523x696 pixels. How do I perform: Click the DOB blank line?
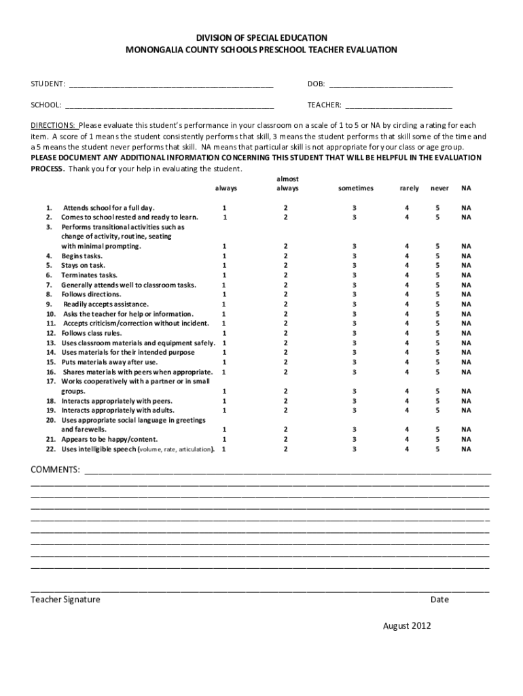pyautogui.click(x=390, y=86)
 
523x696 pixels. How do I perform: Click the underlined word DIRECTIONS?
pyautogui.click(x=53, y=126)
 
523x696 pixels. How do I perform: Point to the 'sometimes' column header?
pyautogui.click(x=355, y=188)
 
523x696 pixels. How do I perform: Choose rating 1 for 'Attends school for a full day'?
pyautogui.click(x=225, y=207)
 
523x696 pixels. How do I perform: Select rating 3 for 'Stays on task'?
pyautogui.click(x=354, y=265)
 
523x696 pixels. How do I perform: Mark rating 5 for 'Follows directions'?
pyautogui.click(x=438, y=294)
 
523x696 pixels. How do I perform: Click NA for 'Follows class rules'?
pyautogui.click(x=466, y=333)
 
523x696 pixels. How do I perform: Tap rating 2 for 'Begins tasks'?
pyautogui.click(x=286, y=256)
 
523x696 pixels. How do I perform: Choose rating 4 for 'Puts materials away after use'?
pyautogui.click(x=407, y=362)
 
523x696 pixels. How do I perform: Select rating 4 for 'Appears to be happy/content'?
pyautogui.click(x=407, y=439)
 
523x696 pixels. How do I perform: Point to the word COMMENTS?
pyautogui.click(x=55, y=470)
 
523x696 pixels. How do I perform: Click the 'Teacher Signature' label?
pyautogui.click(x=66, y=599)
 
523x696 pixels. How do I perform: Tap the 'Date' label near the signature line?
pyautogui.click(x=439, y=599)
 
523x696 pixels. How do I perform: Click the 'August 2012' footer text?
pyautogui.click(x=407, y=626)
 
